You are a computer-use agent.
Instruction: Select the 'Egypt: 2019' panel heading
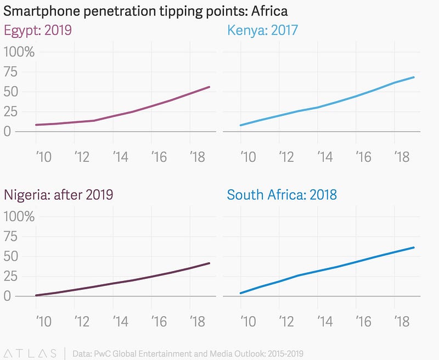coord(38,30)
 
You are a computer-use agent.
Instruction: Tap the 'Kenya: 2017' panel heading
coord(262,30)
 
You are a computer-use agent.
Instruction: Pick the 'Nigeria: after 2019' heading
coord(59,194)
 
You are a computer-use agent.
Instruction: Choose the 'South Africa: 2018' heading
coord(282,194)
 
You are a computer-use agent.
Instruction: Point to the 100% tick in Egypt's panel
coord(19,53)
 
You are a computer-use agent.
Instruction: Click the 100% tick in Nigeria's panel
coord(19,217)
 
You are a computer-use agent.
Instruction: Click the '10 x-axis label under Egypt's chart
coord(42,157)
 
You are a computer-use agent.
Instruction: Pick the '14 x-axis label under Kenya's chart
coord(324,157)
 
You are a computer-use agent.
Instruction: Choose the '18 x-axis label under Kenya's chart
coord(401,157)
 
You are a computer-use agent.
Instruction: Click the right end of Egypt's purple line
coord(210,87)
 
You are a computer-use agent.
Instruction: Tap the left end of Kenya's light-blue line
coord(240,125)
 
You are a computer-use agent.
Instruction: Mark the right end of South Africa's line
coord(414,248)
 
